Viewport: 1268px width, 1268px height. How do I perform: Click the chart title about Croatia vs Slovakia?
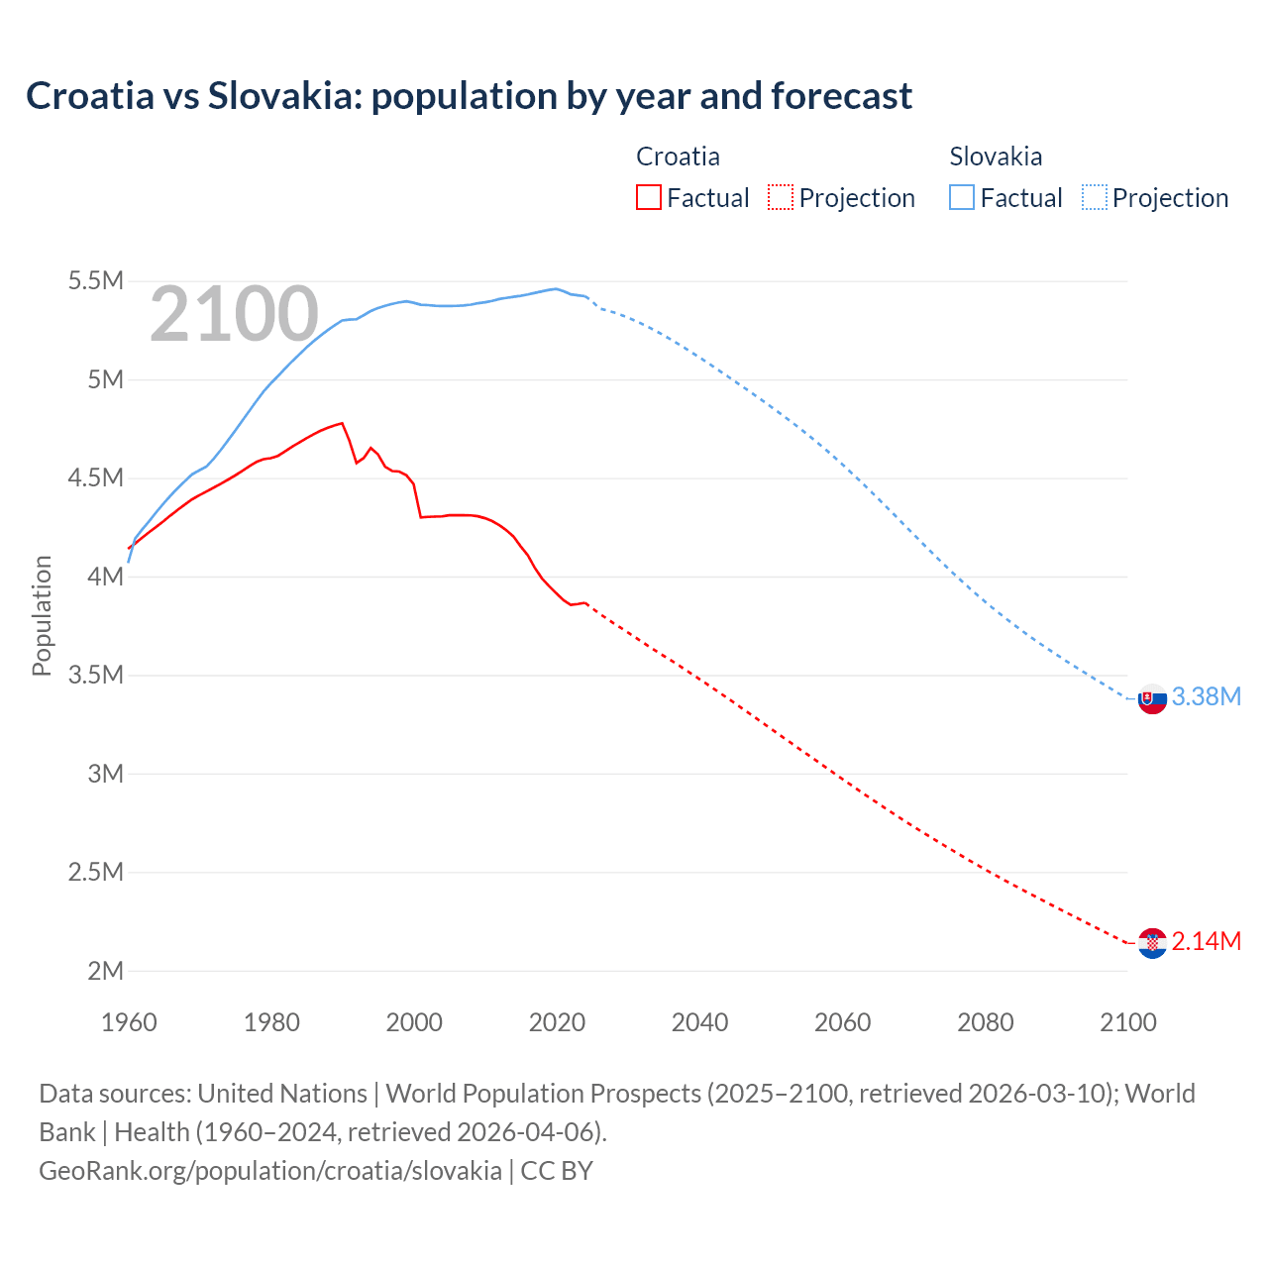click(469, 96)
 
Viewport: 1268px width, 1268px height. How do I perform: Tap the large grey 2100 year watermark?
click(234, 314)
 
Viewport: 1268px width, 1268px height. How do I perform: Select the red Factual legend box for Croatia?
click(649, 197)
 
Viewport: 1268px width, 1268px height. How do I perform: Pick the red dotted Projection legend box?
click(781, 197)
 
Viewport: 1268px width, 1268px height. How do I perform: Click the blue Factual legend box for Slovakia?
click(962, 197)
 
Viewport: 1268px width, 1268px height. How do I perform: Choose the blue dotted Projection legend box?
click(1095, 197)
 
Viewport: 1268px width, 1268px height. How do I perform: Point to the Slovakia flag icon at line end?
click(1152, 698)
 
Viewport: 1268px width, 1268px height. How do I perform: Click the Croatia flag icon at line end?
click(1152, 943)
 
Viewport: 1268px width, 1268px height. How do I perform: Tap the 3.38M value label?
click(1206, 697)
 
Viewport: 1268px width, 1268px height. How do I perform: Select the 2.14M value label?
click(1206, 942)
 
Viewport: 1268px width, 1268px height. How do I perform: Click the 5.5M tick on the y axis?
click(96, 281)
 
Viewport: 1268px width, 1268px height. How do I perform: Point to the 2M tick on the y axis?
click(105, 971)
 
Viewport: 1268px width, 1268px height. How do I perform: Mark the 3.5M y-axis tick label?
click(96, 676)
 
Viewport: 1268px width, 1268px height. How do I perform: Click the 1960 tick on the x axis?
click(129, 1022)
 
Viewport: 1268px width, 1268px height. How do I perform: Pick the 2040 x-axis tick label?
click(699, 1022)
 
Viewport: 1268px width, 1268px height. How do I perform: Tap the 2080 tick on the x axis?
click(985, 1022)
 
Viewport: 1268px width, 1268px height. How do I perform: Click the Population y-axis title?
click(42, 615)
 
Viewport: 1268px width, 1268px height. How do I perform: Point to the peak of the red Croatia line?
click(342, 423)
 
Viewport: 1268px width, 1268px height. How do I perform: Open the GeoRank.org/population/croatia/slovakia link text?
click(270, 1170)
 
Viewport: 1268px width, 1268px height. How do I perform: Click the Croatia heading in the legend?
click(678, 157)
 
